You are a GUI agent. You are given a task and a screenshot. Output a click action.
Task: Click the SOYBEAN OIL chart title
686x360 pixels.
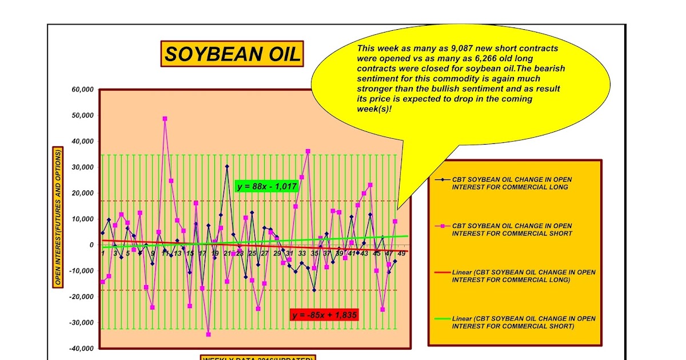[x=232, y=54]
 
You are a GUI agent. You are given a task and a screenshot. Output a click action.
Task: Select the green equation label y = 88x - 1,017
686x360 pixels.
[x=267, y=186]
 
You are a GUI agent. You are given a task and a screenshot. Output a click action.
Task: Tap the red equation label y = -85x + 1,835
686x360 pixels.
[x=324, y=314]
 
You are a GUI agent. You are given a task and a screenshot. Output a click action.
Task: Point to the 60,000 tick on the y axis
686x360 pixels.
[x=81, y=90]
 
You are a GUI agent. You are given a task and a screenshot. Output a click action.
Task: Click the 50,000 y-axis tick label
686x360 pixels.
[x=81, y=115]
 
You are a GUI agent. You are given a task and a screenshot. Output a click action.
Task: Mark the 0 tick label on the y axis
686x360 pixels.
[x=91, y=245]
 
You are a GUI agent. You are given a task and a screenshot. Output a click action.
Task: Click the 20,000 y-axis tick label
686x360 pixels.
[x=81, y=193]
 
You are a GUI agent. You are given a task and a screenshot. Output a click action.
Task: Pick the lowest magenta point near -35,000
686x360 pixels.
[x=208, y=334]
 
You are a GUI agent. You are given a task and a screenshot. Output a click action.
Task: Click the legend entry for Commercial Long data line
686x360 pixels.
[x=512, y=183]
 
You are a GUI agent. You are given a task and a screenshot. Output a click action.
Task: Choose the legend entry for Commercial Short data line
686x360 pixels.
[x=512, y=230]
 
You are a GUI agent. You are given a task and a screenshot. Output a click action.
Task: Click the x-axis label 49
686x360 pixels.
[x=401, y=253]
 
